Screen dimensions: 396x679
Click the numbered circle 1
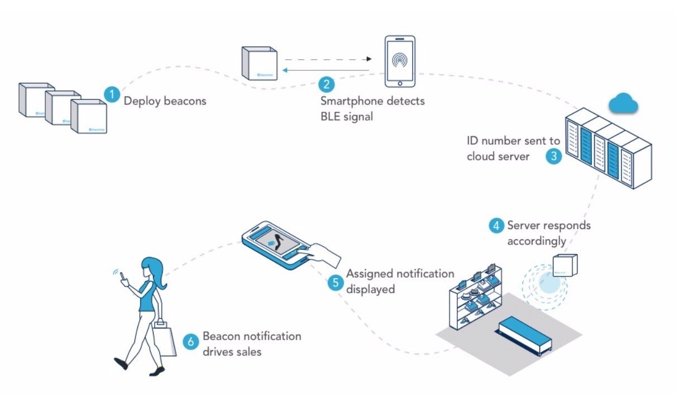(112, 94)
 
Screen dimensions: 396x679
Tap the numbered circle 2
(327, 85)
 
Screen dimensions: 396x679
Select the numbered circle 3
(553, 156)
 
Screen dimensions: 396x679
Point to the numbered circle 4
(495, 226)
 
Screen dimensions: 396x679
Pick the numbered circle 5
(336, 282)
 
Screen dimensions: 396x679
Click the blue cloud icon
(623, 103)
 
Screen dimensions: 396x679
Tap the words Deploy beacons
(165, 101)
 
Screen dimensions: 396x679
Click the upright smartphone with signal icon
(400, 61)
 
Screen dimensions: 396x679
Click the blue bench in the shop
(523, 335)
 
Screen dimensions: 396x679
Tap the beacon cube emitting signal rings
(565, 264)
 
